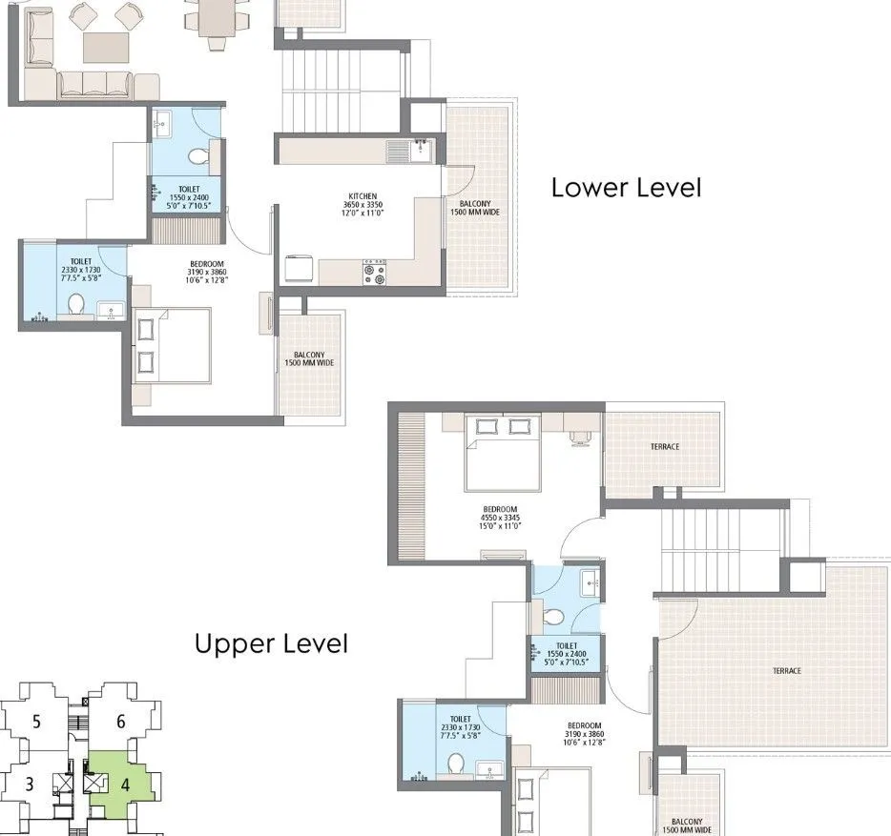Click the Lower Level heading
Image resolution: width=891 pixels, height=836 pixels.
(626, 188)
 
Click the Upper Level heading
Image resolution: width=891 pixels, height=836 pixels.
(271, 644)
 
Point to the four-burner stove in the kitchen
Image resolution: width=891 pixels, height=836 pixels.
(373, 273)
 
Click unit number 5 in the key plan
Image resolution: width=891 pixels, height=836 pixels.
(36, 722)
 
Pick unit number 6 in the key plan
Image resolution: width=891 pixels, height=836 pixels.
(121, 722)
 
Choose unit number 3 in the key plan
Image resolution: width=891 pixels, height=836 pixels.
(30, 785)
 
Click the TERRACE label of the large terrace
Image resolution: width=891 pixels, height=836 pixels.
(787, 671)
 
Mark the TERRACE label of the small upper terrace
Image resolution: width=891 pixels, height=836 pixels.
(665, 446)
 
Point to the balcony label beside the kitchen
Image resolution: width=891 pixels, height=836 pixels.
(474, 207)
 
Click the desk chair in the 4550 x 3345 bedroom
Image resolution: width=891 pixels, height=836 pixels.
(581, 437)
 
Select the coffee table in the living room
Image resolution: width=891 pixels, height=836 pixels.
(106, 46)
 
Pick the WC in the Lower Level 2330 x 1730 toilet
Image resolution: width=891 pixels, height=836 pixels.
(76, 304)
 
